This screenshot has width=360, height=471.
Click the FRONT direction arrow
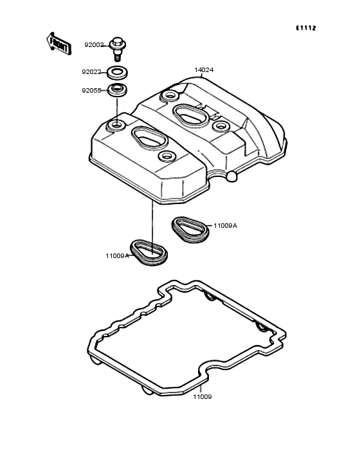pos(59,44)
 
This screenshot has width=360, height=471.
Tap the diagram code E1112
pos(306,28)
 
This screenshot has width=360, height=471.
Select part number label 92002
pos(94,45)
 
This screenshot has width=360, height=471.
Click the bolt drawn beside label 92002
pos(118,48)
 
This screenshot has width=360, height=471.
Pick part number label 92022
pos(91,72)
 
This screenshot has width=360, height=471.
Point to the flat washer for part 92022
pos(118,72)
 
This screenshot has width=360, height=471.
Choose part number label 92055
pos(91,91)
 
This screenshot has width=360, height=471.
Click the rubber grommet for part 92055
pos(117,90)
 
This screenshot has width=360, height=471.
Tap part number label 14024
pos(204,70)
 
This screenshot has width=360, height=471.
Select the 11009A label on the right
pos(225,226)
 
